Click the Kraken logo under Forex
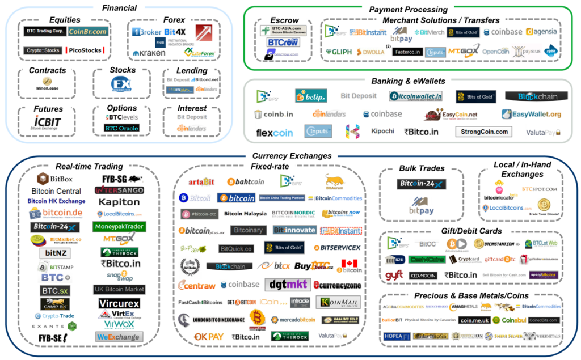click(x=149, y=53)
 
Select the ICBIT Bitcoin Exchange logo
click(x=47, y=123)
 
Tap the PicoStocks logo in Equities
click(x=85, y=50)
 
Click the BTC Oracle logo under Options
click(x=121, y=128)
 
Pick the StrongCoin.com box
click(x=483, y=132)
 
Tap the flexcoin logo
click(x=275, y=133)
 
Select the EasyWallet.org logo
click(x=532, y=114)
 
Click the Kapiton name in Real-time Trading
click(x=119, y=202)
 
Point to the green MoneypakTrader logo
click(x=119, y=227)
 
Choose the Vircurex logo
click(x=119, y=303)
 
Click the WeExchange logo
click(x=119, y=337)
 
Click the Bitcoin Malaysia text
click(x=245, y=214)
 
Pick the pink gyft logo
click(x=393, y=275)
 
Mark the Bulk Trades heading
click(x=422, y=168)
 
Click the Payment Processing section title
click(x=408, y=9)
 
